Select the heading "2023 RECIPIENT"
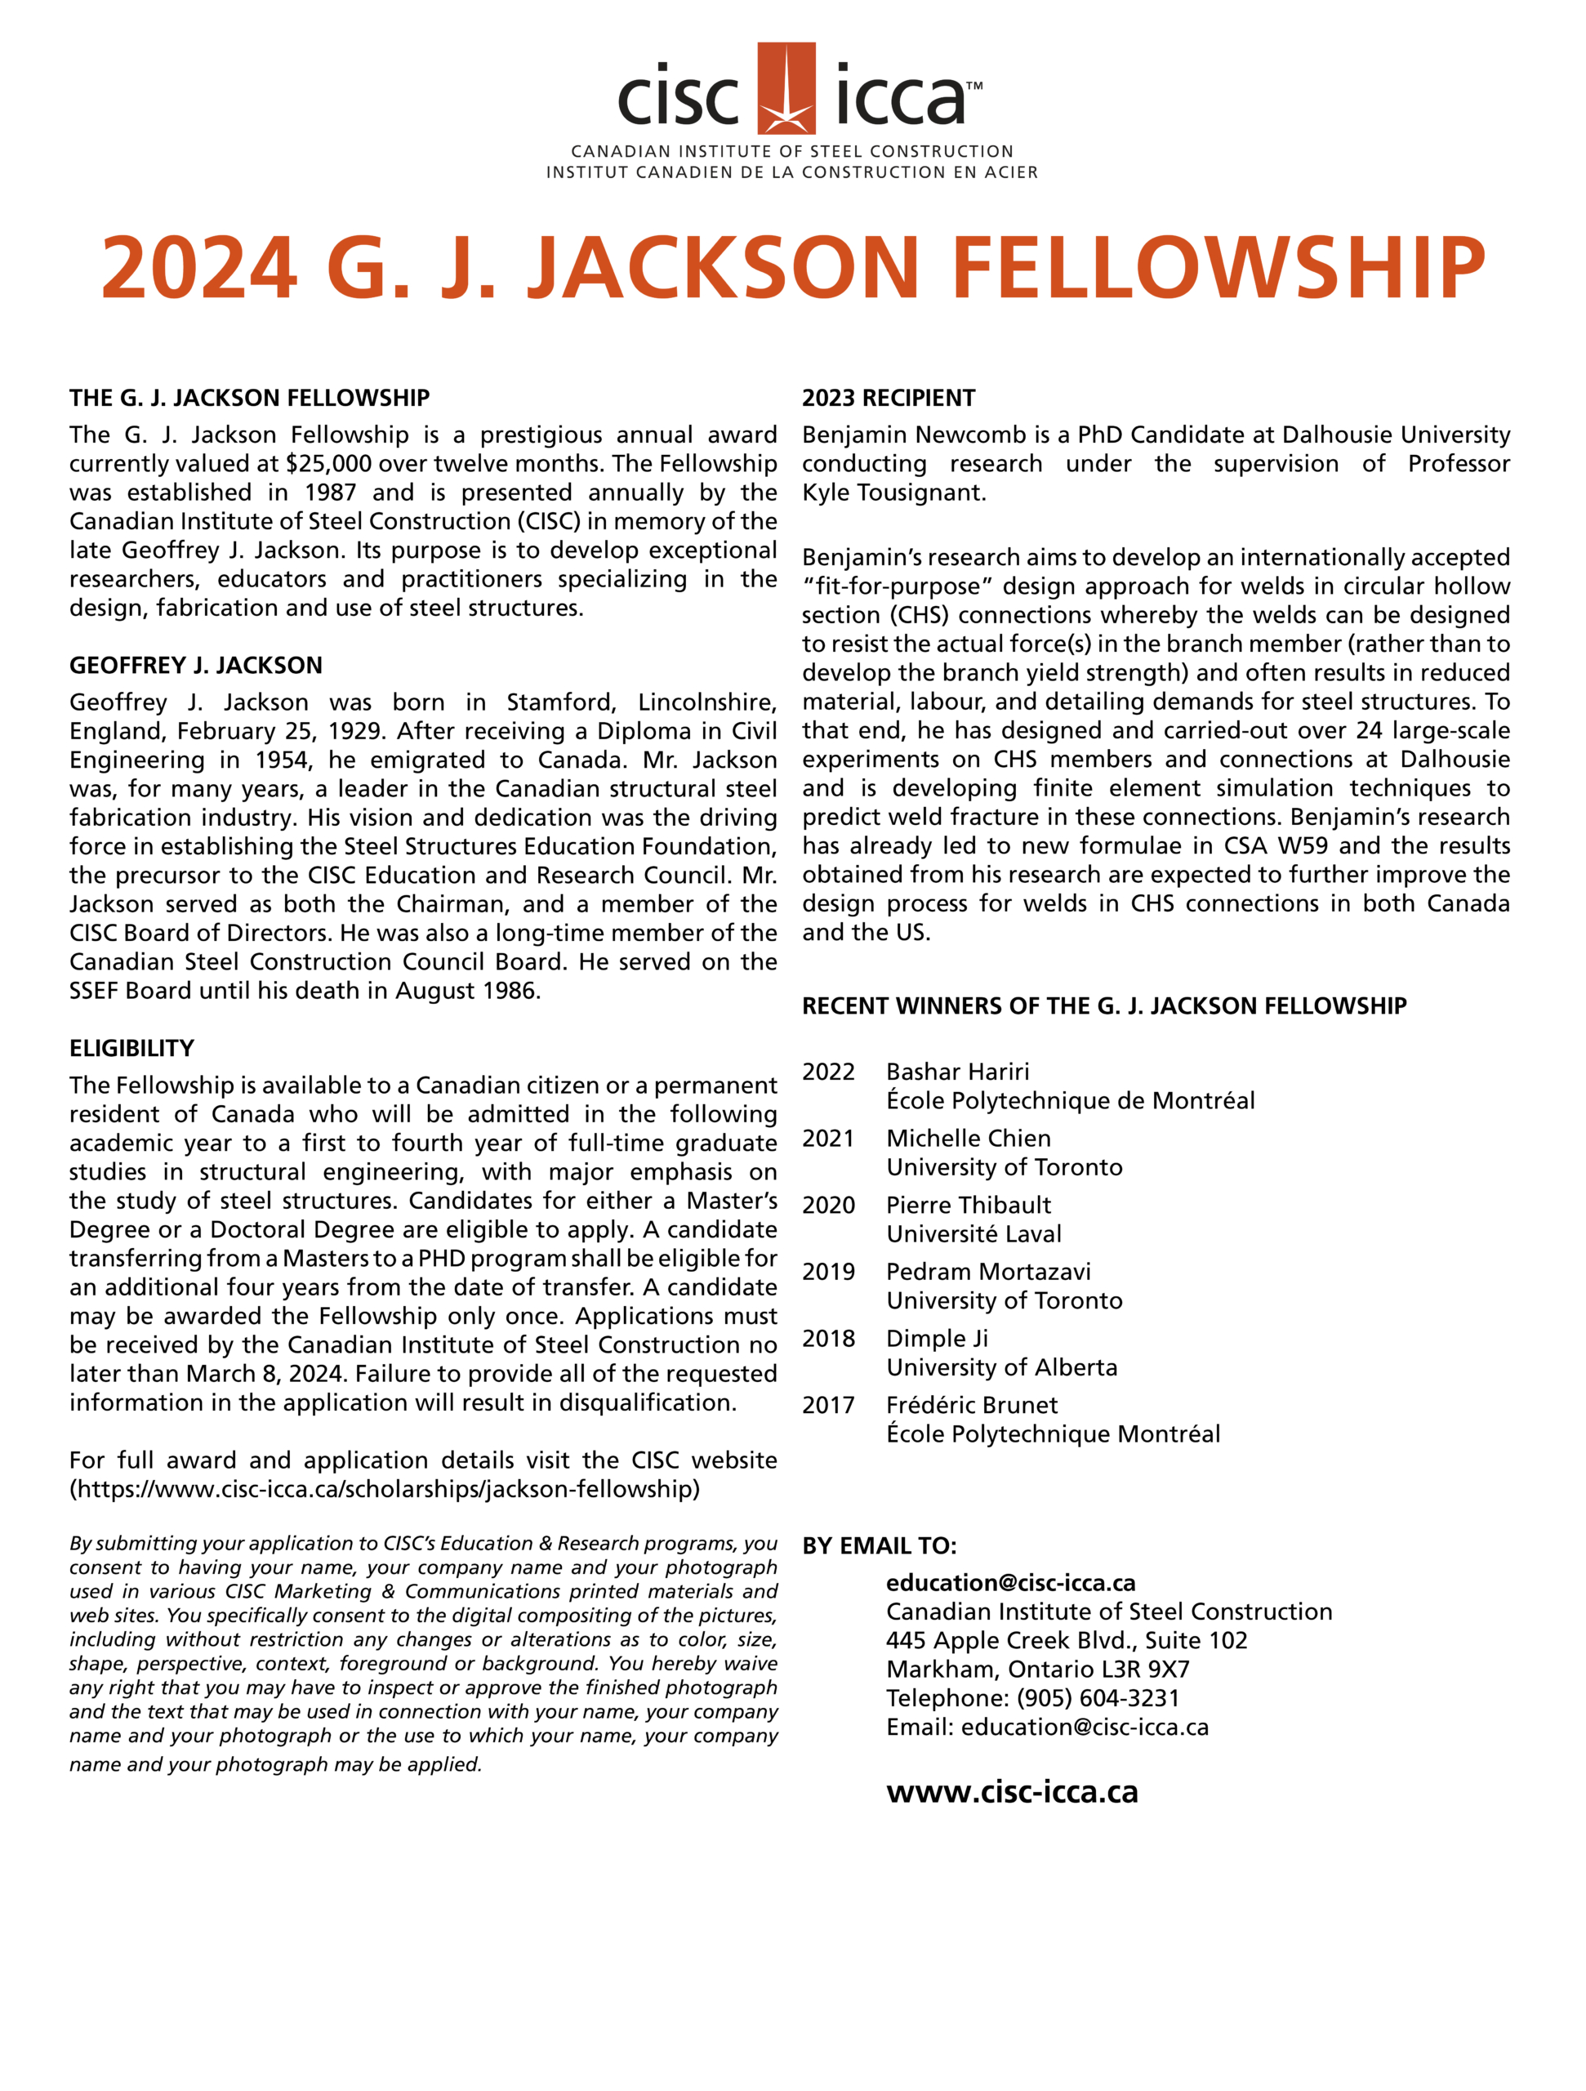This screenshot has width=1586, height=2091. [x=889, y=398]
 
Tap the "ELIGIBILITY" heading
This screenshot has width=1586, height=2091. [x=131, y=1048]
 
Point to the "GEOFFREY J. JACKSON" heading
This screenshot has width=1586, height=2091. [x=196, y=666]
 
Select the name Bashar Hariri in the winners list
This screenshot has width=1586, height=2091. [x=957, y=1072]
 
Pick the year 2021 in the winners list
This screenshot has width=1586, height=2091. [x=828, y=1139]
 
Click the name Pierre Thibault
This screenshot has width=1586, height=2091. [x=968, y=1206]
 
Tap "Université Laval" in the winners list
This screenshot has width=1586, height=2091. [x=973, y=1234]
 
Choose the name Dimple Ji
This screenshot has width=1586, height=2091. [x=937, y=1339]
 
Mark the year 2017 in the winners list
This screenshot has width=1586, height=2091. [x=828, y=1406]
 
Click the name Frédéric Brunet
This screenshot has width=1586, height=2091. [x=972, y=1406]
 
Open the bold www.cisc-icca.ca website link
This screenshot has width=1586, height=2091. [x=1011, y=1792]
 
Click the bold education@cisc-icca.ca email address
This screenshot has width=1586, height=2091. [x=1010, y=1584]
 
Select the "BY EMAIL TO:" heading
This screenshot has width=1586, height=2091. [x=879, y=1546]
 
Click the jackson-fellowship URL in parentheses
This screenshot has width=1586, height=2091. [x=385, y=1490]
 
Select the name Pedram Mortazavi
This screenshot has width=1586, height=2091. [x=987, y=1273]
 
